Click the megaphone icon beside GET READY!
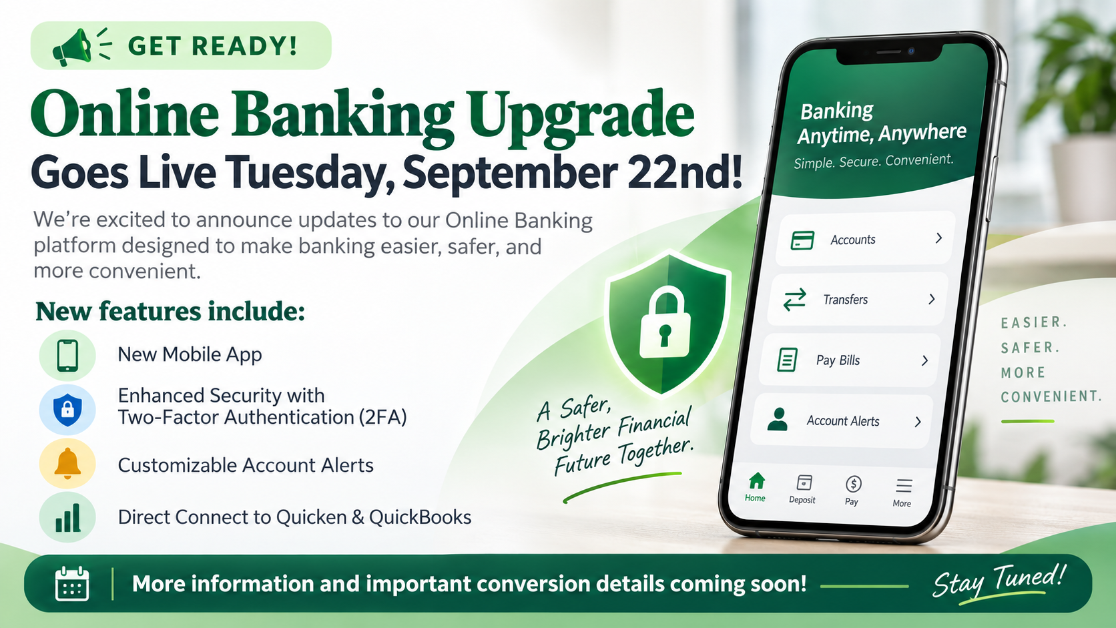coord(71,47)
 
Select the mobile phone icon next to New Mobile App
coord(67,356)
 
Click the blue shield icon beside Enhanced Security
coord(67,409)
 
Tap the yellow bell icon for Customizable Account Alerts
coord(67,463)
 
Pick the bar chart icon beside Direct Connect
coord(67,518)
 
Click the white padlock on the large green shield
coord(665,323)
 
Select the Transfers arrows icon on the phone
coord(794,299)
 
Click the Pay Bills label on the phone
coord(838,360)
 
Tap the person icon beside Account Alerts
coord(777,419)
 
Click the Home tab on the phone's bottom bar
coord(756,487)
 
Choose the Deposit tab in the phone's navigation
coord(803,490)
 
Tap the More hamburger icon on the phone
coord(903,486)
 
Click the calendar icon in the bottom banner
coord(72,583)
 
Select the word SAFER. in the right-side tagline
coord(1030,347)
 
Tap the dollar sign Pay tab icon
coord(854,484)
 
